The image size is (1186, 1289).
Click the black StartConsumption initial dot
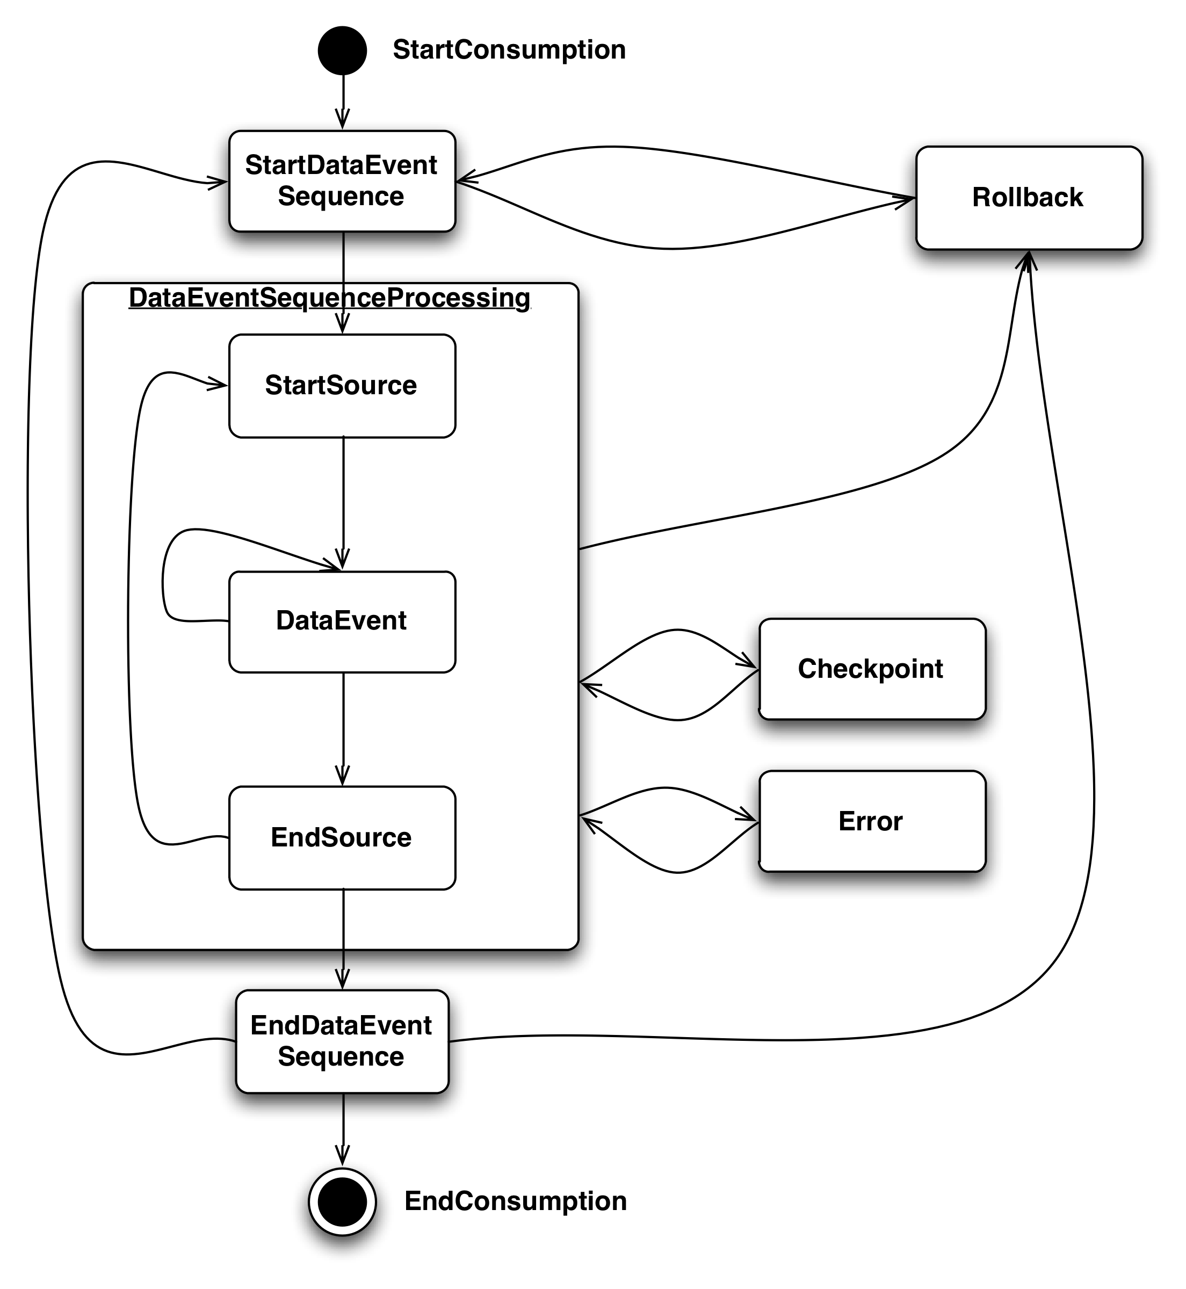[342, 50]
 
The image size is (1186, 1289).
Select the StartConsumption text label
[509, 50]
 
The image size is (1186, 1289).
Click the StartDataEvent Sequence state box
[342, 181]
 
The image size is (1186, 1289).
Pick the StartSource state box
[342, 386]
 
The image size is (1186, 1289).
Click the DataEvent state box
[342, 621]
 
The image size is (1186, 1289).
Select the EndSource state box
[342, 837]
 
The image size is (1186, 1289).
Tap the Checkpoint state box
[872, 669]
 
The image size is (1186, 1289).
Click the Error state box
[872, 821]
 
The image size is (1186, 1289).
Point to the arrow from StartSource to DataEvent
[343, 501]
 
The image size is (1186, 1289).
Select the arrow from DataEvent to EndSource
[343, 728]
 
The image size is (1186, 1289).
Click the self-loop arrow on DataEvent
[164, 577]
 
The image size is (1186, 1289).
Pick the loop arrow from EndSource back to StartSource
[129, 610]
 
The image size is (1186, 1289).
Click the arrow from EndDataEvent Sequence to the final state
[343, 1139]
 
